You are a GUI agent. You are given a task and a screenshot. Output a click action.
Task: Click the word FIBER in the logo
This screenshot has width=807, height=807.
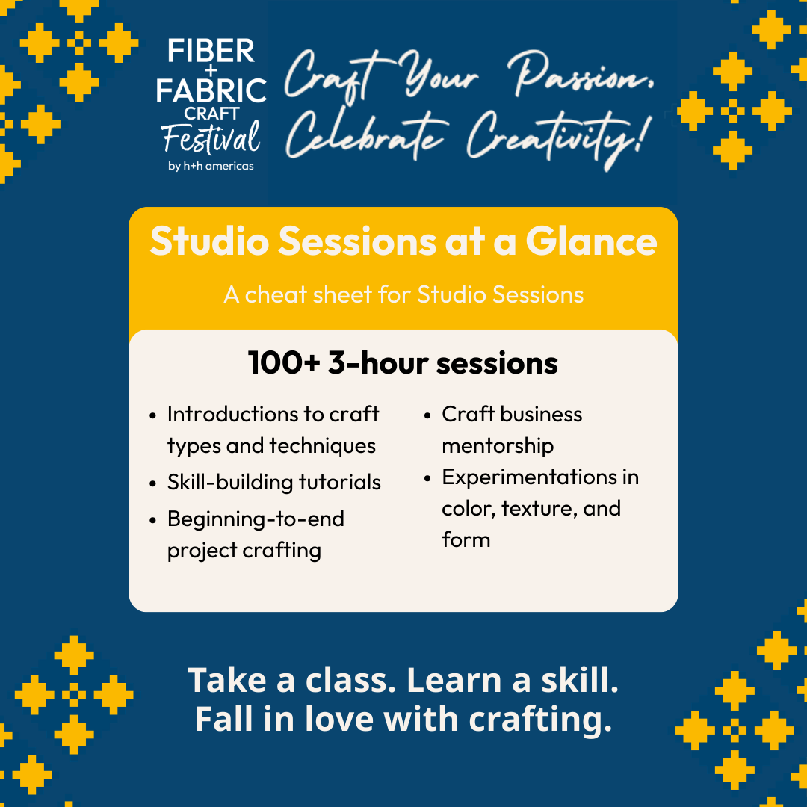[x=211, y=51]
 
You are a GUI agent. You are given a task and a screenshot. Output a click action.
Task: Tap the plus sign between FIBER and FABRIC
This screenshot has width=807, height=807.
[x=211, y=70]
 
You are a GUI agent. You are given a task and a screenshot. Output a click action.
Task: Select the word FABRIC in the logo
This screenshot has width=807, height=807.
[x=211, y=90]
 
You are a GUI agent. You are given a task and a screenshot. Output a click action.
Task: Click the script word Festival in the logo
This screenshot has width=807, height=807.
[x=211, y=137]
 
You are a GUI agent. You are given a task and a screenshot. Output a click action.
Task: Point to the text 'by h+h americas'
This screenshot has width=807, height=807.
[x=211, y=166]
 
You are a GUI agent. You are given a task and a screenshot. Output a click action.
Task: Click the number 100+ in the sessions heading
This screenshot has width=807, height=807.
[x=284, y=362]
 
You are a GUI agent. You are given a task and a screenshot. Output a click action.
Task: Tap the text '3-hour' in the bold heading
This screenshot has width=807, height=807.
[x=378, y=362]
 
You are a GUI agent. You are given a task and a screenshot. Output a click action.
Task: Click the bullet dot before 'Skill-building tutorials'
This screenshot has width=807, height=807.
[x=153, y=483]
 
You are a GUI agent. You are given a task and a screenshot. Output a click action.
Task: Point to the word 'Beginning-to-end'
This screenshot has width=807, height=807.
[x=256, y=519]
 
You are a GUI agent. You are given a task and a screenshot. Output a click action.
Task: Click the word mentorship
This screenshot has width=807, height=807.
[x=498, y=445]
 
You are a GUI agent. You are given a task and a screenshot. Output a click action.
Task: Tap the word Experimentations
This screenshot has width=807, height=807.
[x=530, y=477]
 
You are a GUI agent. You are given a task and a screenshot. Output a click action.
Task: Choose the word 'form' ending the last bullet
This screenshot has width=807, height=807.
[x=466, y=539]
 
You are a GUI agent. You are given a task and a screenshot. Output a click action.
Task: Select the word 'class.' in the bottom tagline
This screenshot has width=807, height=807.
[x=350, y=680]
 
